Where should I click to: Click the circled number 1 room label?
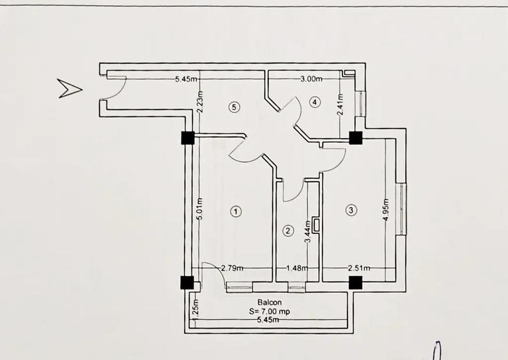(x=236, y=210)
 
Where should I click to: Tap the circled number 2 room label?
(x=288, y=230)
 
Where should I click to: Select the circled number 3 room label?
(x=350, y=209)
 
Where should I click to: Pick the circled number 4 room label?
(x=314, y=102)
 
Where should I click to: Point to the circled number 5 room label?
(x=235, y=107)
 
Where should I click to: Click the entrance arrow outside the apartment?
(x=69, y=88)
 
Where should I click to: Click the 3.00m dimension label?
(x=311, y=79)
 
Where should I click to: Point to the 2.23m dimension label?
(x=200, y=102)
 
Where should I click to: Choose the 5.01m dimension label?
(x=200, y=208)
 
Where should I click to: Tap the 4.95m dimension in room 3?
(x=386, y=209)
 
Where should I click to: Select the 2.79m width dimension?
(x=231, y=269)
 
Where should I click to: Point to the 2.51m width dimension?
(x=358, y=269)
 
